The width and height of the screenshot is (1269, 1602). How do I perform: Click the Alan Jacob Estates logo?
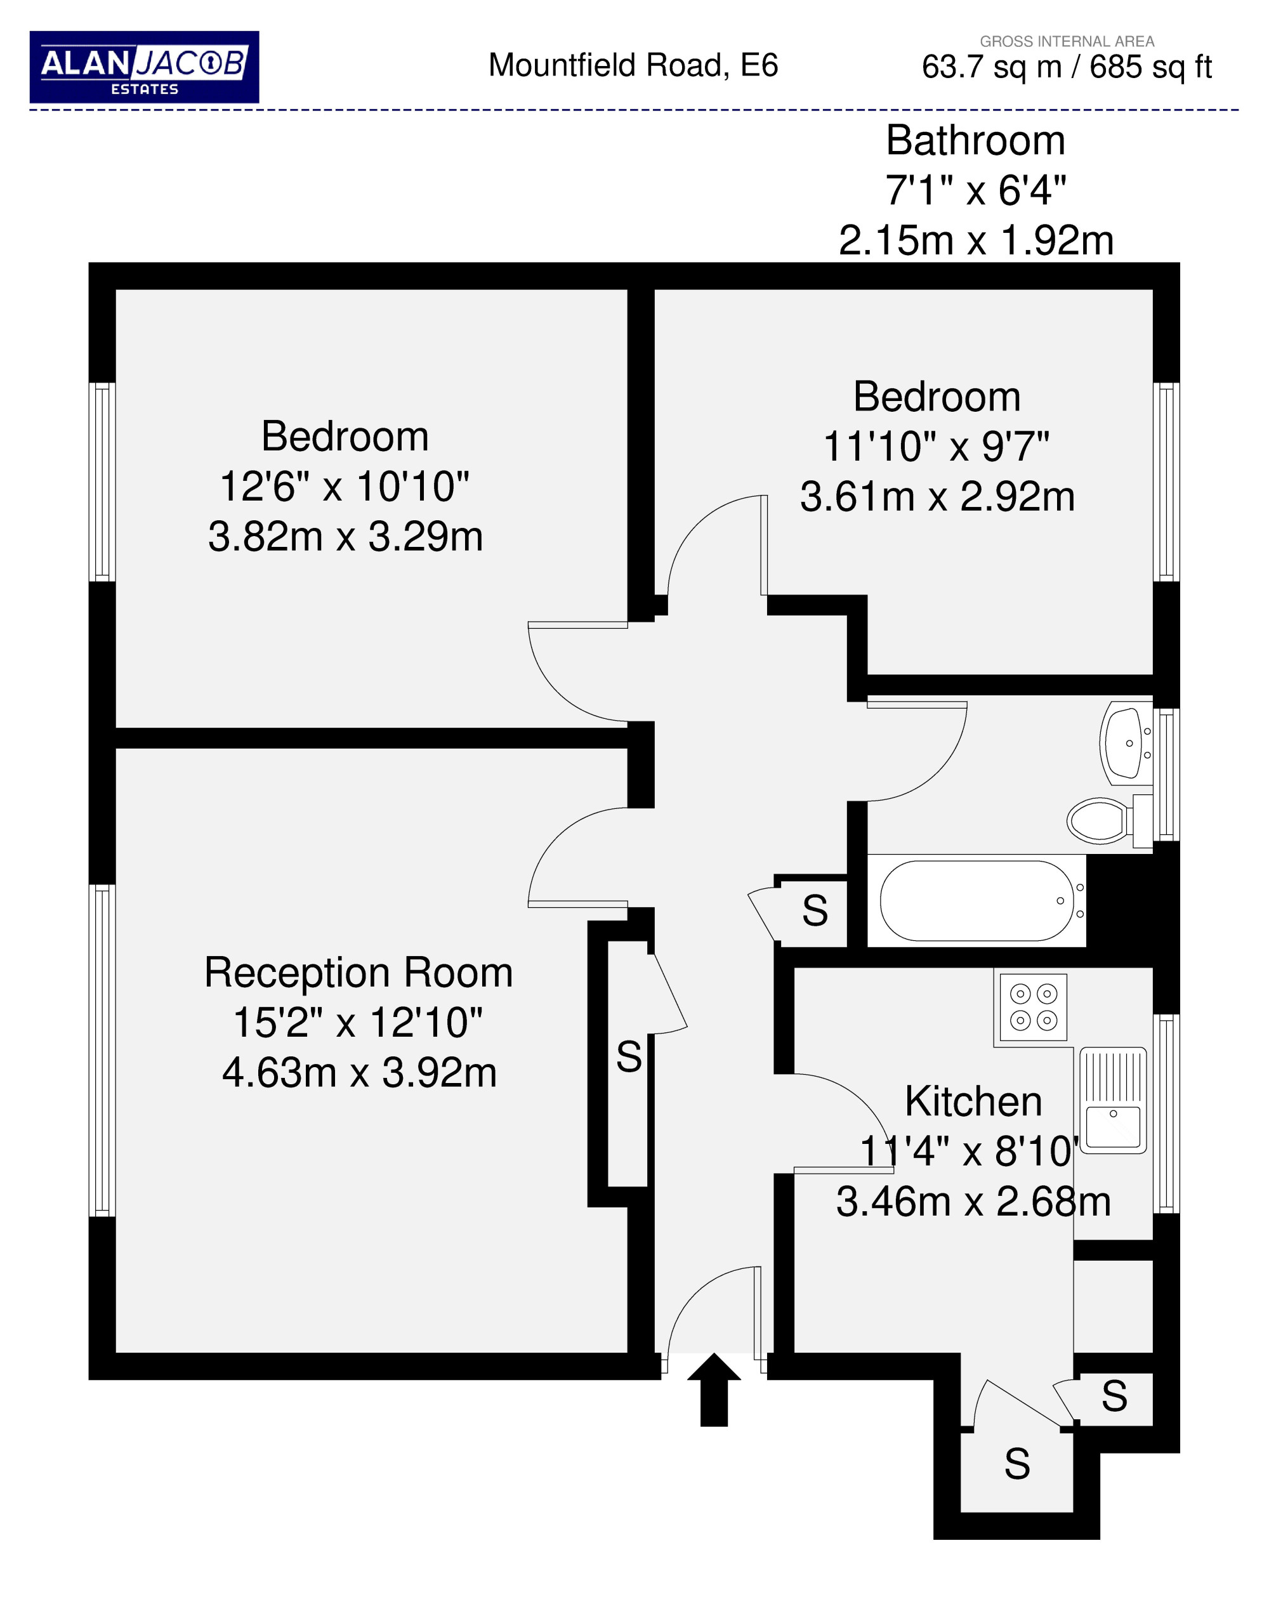click(144, 67)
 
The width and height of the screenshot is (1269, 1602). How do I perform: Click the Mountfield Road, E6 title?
click(633, 65)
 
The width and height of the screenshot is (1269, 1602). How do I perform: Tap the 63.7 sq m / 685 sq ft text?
click(1067, 67)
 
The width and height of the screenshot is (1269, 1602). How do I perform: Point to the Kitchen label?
click(973, 1101)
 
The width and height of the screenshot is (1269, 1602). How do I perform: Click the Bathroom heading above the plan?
click(975, 140)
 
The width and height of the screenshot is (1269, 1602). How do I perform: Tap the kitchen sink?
click(1113, 1100)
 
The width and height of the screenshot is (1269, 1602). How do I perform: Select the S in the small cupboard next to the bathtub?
click(815, 910)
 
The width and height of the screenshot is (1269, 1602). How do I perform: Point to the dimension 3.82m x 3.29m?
click(345, 537)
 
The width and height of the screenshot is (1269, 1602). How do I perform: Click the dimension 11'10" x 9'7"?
click(936, 447)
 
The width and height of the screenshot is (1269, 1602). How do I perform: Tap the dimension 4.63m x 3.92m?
click(360, 1073)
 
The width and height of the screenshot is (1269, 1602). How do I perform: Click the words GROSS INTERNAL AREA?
click(1067, 42)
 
